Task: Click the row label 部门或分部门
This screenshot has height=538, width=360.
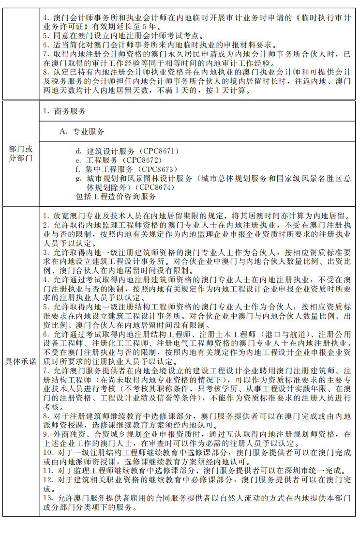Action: [x=21, y=154]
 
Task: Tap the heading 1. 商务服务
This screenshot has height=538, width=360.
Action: [x=64, y=111]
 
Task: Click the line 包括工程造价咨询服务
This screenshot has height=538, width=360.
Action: [x=116, y=196]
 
